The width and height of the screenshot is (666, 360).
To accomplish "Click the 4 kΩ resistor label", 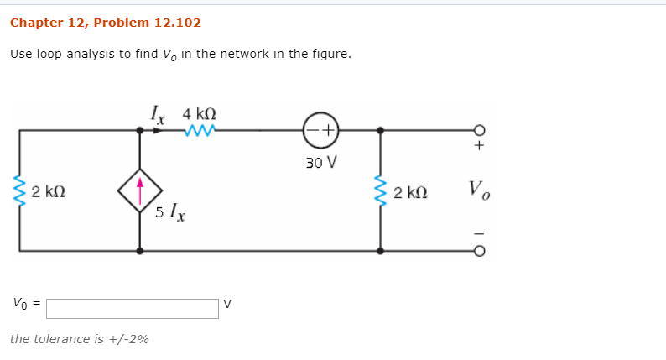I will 199,112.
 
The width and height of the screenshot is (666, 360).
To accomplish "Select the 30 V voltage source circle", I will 320,130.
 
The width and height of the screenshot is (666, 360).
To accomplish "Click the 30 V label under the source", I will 320,162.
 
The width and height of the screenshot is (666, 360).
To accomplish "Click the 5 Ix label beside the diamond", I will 171,212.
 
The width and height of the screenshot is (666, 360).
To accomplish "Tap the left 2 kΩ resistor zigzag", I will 19,191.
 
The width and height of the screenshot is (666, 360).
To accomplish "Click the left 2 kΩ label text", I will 49,192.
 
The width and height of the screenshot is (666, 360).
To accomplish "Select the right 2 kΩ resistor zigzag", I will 381,192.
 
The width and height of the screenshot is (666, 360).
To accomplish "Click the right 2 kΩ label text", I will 411,192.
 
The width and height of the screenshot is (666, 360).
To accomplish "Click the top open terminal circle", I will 479,130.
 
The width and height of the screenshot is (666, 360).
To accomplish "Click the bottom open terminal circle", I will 479,250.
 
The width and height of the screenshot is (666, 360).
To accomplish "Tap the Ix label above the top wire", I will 157,112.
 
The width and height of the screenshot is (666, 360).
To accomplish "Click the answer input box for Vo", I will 132,308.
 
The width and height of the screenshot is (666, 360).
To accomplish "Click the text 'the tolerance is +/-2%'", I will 80,339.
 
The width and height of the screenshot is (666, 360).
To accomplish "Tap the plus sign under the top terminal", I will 479,146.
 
